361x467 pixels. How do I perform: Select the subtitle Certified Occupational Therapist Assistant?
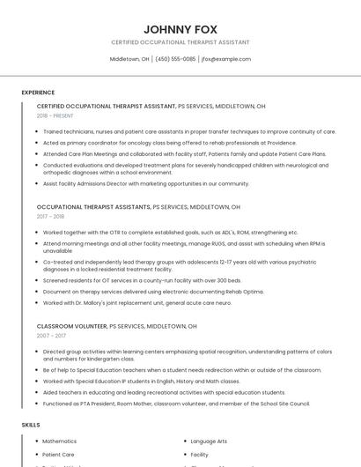click(x=180, y=42)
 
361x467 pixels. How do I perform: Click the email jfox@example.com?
click(x=226, y=59)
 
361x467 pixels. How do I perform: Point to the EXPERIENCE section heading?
click(x=38, y=92)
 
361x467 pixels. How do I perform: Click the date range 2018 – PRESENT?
click(x=55, y=115)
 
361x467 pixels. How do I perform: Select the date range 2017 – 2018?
click(x=50, y=216)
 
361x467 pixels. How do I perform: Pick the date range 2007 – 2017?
click(x=50, y=335)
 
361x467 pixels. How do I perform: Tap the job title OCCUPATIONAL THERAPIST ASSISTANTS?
click(x=93, y=207)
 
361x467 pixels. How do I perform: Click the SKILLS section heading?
click(x=31, y=425)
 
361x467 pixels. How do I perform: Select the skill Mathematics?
click(x=60, y=441)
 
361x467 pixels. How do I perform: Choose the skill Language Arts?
click(x=209, y=441)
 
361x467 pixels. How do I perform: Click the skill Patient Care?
click(x=58, y=455)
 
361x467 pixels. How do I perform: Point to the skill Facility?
click(x=200, y=455)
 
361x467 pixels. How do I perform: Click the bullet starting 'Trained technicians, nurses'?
click(x=188, y=131)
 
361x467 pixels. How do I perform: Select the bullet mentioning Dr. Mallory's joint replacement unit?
click(x=136, y=302)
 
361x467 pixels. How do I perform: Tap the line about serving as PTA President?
click(x=176, y=403)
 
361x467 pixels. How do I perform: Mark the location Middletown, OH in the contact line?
click(x=129, y=59)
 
